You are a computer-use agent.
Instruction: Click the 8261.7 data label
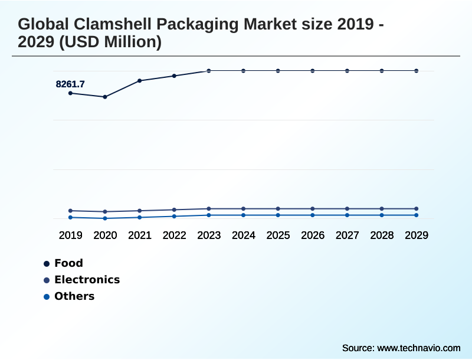[x=70, y=84]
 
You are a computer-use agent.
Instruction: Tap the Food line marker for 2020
[x=105, y=97]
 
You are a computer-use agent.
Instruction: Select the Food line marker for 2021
[x=140, y=80]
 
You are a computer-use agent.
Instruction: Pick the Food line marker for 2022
[x=174, y=76]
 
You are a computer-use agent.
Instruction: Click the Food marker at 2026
[x=313, y=71]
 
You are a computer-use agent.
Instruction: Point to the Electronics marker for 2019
[x=70, y=211]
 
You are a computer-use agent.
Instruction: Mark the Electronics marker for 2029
[x=417, y=209]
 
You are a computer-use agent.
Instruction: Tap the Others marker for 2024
[x=244, y=215]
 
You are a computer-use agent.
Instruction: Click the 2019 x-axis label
[x=70, y=235]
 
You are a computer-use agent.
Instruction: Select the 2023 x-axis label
[x=209, y=235]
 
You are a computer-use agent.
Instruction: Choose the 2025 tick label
[x=278, y=235]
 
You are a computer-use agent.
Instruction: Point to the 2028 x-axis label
[x=382, y=235]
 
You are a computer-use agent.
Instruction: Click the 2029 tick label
[x=417, y=235]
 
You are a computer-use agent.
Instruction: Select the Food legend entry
[x=68, y=263]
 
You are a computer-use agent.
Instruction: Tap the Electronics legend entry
[x=87, y=280]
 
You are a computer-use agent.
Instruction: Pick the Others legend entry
[x=74, y=296]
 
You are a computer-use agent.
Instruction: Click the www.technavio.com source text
[x=418, y=348]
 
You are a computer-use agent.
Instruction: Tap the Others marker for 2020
[x=105, y=218]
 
